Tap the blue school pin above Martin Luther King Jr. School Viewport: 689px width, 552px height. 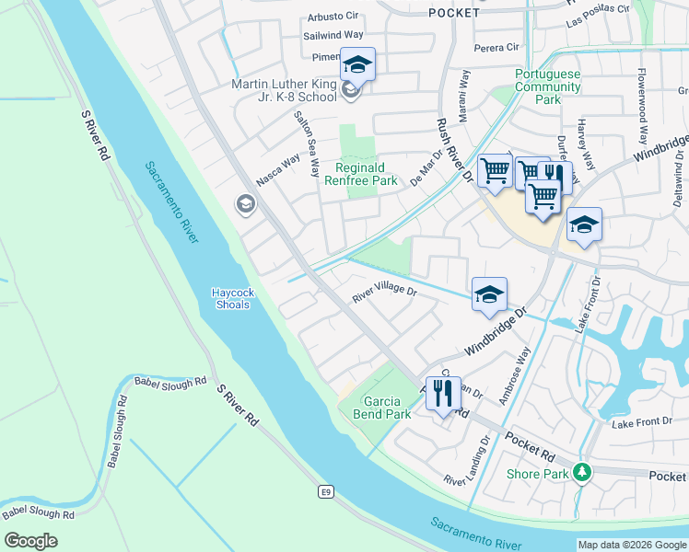click(357, 65)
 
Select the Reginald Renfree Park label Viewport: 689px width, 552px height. click(360, 175)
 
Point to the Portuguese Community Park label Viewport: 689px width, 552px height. click(548, 87)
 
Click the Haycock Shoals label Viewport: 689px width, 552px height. click(232, 298)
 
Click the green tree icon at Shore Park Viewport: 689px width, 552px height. click(580, 473)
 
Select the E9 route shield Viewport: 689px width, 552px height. click(325, 492)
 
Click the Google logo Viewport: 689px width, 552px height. click(30, 541)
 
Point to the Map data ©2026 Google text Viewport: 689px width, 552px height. click(631, 545)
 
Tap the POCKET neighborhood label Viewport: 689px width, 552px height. click(454, 13)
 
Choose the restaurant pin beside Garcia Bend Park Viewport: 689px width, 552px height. click(442, 394)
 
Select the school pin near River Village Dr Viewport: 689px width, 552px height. click(489, 294)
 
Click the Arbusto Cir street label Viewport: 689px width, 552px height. click(332, 17)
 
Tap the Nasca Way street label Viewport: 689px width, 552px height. click(278, 170)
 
